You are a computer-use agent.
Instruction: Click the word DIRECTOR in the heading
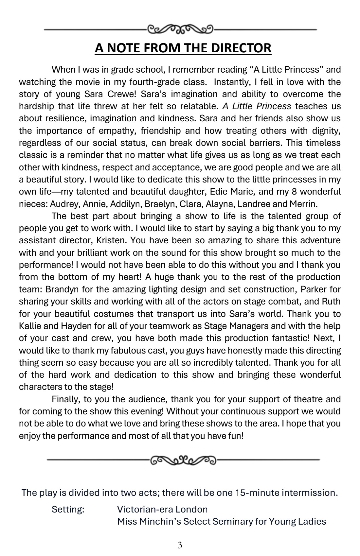241,48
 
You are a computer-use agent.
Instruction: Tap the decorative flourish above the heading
180,29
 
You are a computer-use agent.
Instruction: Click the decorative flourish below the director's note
183,460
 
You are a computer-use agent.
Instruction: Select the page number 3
180,545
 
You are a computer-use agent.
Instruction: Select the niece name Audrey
64,204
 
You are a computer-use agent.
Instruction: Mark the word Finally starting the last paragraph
65,399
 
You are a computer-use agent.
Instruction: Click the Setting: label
68,510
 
